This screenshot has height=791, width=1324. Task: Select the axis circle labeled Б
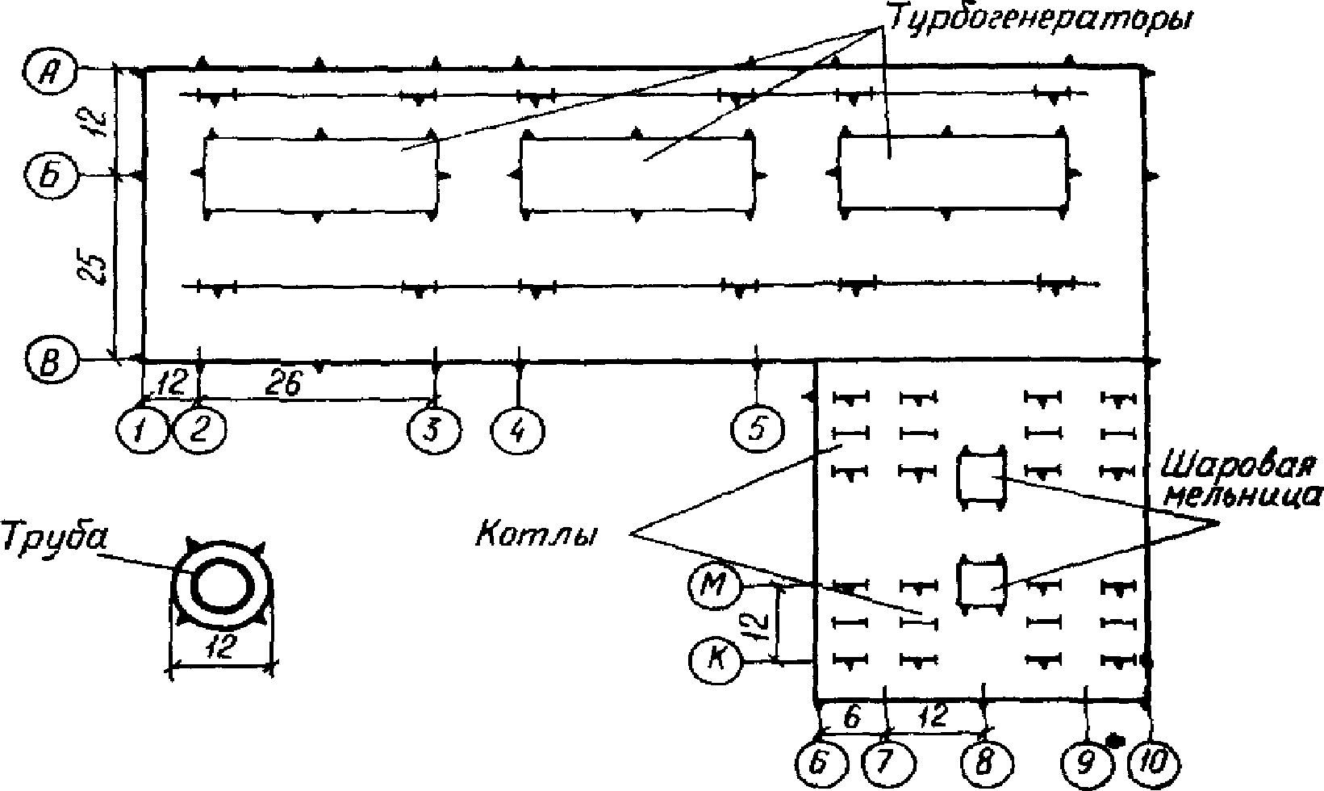click(49, 175)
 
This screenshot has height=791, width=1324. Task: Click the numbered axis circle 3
click(432, 429)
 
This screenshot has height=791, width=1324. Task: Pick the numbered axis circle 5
click(758, 428)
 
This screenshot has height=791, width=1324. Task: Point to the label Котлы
click(535, 534)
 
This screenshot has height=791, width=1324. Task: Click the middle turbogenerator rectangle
click(637, 174)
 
